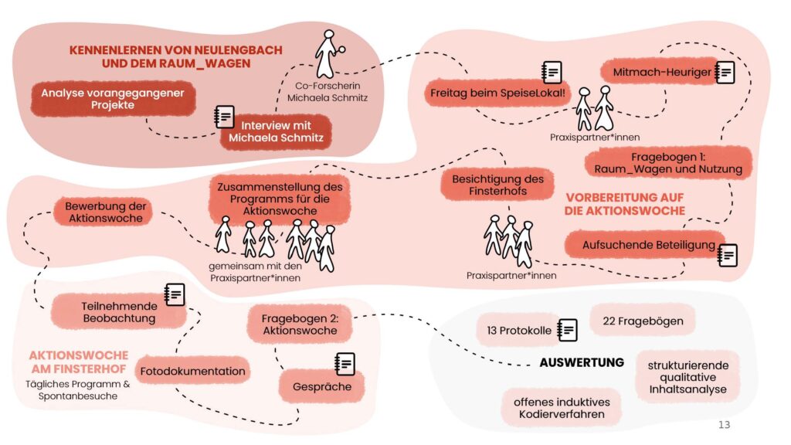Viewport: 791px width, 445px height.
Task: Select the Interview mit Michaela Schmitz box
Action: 275,132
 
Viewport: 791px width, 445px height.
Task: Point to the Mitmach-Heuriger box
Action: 657,73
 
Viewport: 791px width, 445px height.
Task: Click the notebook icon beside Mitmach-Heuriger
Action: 725,72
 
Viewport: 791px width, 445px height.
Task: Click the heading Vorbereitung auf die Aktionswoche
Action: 625,204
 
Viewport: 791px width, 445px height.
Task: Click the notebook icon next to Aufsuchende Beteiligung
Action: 726,254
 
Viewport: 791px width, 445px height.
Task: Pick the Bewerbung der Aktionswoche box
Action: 104,212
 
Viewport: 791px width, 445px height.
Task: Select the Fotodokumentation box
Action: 193,371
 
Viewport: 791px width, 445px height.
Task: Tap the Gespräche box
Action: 321,386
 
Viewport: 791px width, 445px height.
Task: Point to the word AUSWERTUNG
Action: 581,362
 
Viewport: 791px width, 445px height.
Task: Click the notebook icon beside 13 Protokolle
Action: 568,329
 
